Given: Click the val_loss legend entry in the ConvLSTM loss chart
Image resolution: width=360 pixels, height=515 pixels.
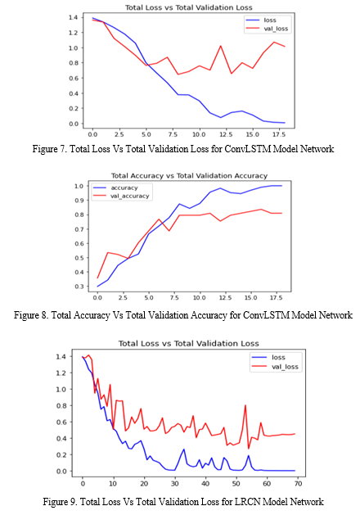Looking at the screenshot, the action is coord(267,29).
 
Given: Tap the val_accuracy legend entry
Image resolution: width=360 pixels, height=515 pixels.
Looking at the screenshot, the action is coord(121,196).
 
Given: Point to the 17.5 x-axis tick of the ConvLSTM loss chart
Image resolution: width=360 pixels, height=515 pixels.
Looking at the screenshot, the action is coord(278,134).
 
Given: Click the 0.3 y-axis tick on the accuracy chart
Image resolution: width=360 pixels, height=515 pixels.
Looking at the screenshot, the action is coord(79,287).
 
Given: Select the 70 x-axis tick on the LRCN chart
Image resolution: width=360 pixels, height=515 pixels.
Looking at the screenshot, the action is coord(298,483).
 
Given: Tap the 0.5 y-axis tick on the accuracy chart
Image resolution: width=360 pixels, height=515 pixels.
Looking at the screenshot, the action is coord(79,258).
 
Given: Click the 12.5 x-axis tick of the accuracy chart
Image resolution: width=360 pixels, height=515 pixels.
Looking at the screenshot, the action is coord(225,297).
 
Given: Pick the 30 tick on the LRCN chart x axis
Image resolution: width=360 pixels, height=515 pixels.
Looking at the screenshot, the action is coord(175,483).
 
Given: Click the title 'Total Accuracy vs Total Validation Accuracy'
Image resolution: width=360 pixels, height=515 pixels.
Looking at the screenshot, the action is coord(189,176).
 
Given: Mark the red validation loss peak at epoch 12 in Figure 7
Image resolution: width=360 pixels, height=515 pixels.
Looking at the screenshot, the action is coord(221,46).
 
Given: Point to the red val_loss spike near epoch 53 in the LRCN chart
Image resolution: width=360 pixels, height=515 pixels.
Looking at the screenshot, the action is coord(245,406).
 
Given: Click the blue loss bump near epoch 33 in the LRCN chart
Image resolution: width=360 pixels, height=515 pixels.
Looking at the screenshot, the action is coord(184,449).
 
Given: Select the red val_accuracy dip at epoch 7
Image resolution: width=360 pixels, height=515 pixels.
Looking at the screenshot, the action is coord(169,231).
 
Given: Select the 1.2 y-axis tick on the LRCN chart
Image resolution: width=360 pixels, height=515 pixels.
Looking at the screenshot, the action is coord(61,373).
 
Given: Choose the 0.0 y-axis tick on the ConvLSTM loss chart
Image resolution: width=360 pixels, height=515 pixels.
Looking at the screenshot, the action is coord(74,124).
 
